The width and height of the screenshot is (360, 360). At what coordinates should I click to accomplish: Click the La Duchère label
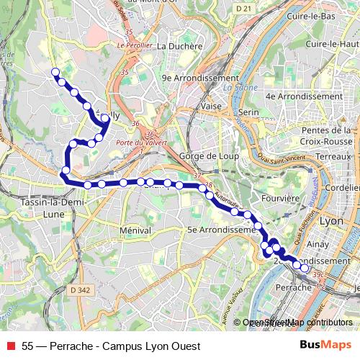tap(176, 45)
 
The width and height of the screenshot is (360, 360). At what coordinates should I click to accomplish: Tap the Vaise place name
tap(211, 106)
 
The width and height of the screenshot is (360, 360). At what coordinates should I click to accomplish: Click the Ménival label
tap(136, 230)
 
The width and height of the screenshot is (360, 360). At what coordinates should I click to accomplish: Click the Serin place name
tap(248, 113)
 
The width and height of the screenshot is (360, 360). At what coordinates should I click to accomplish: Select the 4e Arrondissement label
tap(304, 96)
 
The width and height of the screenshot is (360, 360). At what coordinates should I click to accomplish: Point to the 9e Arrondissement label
tap(199, 78)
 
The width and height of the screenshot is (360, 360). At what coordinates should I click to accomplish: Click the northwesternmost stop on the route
tap(55, 72)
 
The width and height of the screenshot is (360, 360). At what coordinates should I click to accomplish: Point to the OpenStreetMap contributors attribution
tap(297, 323)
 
